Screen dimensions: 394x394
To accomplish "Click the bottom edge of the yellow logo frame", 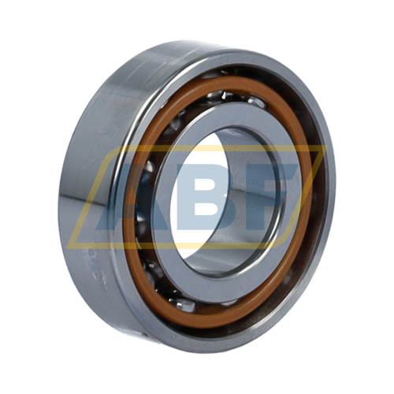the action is [x=176, y=246].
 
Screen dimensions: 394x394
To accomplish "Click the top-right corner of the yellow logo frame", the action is [x=327, y=145].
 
